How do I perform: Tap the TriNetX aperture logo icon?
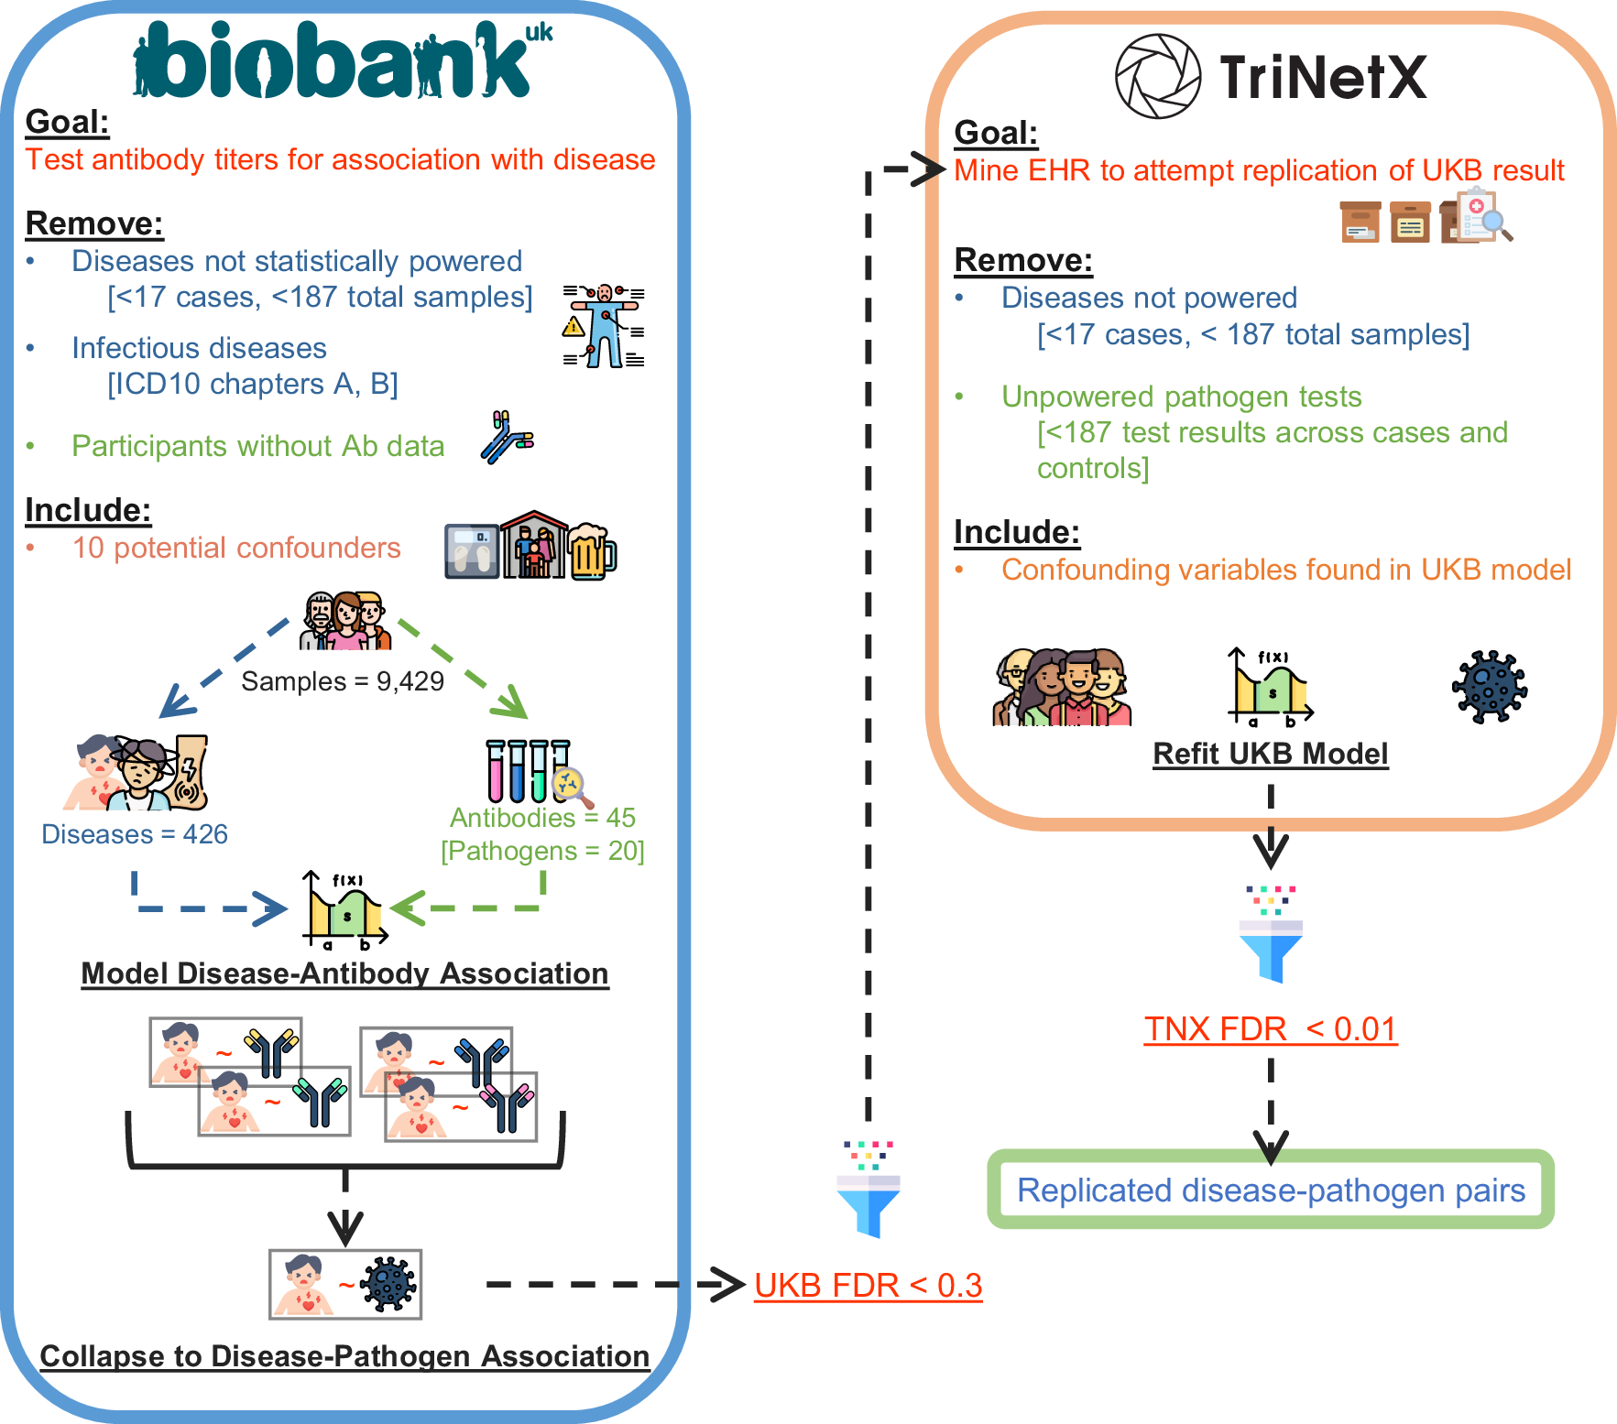(1158, 77)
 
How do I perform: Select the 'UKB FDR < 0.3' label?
(868, 1285)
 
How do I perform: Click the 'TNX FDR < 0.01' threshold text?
(1270, 1028)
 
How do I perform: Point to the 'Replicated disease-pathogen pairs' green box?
(1271, 1190)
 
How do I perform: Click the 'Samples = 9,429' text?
(342, 681)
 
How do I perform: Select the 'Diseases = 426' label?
(135, 834)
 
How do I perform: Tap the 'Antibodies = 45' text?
(542, 817)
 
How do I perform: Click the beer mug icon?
(592, 551)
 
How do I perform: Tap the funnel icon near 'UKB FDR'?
(869, 1190)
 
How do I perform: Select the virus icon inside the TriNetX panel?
(1489, 687)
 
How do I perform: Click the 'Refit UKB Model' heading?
(1270, 754)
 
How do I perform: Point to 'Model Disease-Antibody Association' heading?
(344, 973)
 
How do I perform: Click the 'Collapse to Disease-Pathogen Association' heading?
(344, 1356)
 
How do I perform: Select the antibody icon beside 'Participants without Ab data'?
(506, 438)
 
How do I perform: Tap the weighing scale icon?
(472, 551)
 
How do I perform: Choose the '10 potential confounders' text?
(236, 548)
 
